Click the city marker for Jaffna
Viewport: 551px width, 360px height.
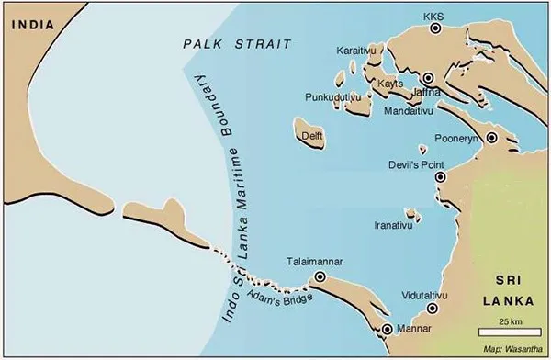coord(428,79)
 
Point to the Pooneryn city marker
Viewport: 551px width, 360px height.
coord(492,138)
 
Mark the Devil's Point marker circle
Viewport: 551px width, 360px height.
coord(440,177)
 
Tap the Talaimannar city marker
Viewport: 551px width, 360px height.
coord(320,276)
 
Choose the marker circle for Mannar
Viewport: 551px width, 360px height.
coord(387,328)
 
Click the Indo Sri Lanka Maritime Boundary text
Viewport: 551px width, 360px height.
coord(232,193)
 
